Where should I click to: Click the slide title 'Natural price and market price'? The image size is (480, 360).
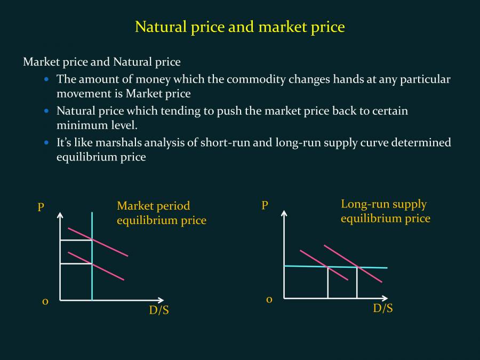pos(240,27)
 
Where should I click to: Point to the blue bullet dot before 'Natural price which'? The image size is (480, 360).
pos(46,111)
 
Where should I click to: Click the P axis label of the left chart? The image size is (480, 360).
pos(41,207)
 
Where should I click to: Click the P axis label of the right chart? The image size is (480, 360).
pos(265,205)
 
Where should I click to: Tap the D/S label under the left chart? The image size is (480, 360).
pos(159,310)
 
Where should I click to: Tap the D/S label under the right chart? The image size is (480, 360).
pos(382,308)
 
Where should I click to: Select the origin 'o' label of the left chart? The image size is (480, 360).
pos(45,302)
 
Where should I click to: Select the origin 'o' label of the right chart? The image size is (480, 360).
pos(269,300)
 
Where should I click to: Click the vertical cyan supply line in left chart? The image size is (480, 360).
pos(92,256)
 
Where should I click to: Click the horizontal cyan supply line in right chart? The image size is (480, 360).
pos(336,267)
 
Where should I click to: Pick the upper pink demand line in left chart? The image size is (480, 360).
pos(98,242)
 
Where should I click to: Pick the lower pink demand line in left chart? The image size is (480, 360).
pos(96,266)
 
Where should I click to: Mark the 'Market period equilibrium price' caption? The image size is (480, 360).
pos(162,213)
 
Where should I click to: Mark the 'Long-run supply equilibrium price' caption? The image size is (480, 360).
pos(386,211)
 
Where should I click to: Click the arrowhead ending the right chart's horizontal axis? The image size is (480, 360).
pos(385,298)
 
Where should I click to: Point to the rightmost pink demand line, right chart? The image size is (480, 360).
pos(353,263)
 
